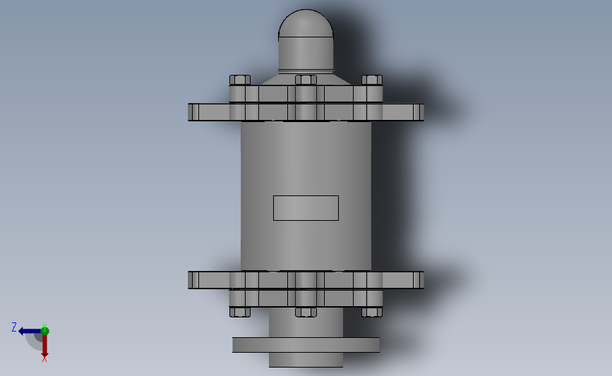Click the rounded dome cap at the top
pyautogui.click(x=306, y=24)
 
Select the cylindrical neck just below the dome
pyautogui.click(x=306, y=54)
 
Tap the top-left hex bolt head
pyautogui.click(x=240, y=80)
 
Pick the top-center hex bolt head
pyautogui.click(x=306, y=80)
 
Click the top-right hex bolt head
pyautogui.click(x=371, y=80)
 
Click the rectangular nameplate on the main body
pyautogui.click(x=306, y=208)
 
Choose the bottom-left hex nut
pyautogui.click(x=240, y=312)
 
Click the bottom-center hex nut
pyautogui.click(x=306, y=312)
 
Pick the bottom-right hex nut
pyautogui.click(x=371, y=312)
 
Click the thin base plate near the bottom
pyautogui.click(x=306, y=345)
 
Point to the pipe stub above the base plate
pyautogui.click(x=306, y=326)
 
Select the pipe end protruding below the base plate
pyautogui.click(x=306, y=360)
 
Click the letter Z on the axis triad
pyautogui.click(x=14, y=327)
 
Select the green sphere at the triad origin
pyautogui.click(x=44, y=331)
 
